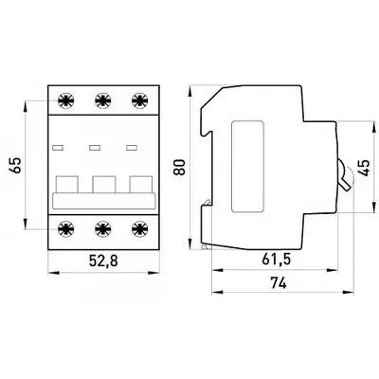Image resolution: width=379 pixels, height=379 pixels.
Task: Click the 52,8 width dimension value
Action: (x=103, y=261)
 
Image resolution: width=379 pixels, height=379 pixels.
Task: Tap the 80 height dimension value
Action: (x=180, y=167)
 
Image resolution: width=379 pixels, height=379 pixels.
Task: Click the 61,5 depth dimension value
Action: (x=276, y=260)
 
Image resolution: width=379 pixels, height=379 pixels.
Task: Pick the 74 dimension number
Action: (x=279, y=283)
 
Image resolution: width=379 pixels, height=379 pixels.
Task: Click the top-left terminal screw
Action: (x=66, y=100)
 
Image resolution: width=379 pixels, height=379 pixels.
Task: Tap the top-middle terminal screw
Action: (x=103, y=100)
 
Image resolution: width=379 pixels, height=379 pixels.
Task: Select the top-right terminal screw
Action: (x=139, y=100)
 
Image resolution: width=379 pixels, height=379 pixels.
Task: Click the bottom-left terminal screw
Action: (x=66, y=228)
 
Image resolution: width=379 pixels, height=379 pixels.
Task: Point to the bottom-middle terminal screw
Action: (x=103, y=228)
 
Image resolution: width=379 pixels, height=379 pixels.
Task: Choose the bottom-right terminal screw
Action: (x=139, y=228)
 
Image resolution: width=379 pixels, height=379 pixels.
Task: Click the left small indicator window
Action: (x=58, y=147)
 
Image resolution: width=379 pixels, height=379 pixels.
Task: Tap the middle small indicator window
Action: (x=95, y=147)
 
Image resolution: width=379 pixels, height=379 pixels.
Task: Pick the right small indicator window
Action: (x=132, y=147)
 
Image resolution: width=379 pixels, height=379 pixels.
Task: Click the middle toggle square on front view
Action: (x=104, y=185)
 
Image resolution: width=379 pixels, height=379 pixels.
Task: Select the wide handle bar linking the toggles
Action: (x=104, y=201)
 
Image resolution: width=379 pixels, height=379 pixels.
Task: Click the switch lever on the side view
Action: (x=344, y=175)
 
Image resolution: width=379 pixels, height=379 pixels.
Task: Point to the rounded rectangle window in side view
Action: (x=247, y=167)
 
